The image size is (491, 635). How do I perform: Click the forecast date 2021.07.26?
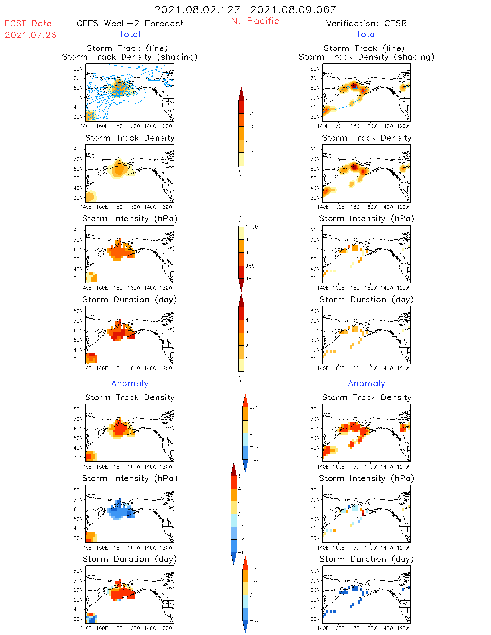(30, 35)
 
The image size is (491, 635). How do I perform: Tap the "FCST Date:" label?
(29, 23)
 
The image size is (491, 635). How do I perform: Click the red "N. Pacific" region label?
(255, 21)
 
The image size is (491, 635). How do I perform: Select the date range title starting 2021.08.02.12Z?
(245, 10)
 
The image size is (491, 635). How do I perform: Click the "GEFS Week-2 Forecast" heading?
(130, 23)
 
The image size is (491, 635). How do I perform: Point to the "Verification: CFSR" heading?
(366, 23)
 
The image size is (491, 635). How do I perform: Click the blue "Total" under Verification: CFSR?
(366, 34)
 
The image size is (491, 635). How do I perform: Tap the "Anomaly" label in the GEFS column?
(130, 383)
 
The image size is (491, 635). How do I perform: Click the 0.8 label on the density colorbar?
(249, 114)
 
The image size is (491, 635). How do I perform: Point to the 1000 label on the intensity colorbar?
(252, 227)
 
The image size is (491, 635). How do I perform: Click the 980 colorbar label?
(250, 279)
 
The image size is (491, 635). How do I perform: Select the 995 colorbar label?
(250, 240)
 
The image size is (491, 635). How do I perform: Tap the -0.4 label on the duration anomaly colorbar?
(255, 620)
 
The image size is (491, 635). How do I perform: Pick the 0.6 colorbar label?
(249, 127)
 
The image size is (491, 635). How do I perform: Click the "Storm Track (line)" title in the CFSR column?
(364, 48)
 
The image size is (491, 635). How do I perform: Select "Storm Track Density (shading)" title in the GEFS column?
(130, 57)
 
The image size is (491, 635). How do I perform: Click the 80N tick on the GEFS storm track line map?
(78, 69)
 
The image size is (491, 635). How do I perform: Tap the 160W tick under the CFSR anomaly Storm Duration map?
(371, 628)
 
